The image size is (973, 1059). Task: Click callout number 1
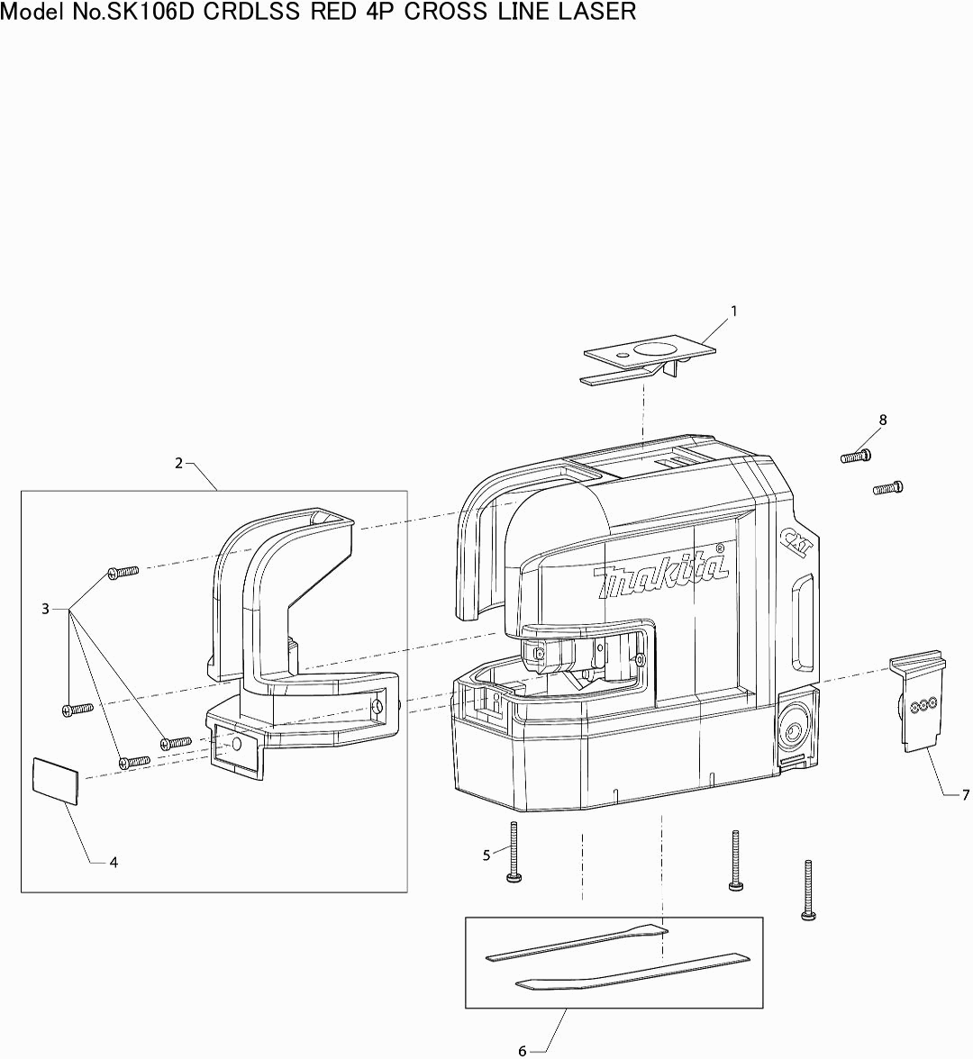pos(733,312)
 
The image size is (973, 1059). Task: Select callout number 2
pos(178,463)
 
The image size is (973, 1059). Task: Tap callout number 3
pos(45,609)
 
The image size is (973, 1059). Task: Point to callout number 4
pos(114,863)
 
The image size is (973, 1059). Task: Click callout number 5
pos(486,855)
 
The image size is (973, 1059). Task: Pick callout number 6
pos(523,1051)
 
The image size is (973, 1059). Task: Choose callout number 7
pos(966,796)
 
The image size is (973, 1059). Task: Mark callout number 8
pos(883,420)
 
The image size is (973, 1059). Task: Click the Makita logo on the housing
pos(661,571)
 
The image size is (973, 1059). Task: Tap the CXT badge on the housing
pos(793,539)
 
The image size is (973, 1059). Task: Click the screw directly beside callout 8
pos(856,457)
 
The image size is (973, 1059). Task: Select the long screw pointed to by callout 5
pos(514,852)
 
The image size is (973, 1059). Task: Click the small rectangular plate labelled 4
pos(56,780)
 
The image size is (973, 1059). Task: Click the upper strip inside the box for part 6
pos(577,941)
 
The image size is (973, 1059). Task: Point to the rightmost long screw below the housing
pos(808,890)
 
